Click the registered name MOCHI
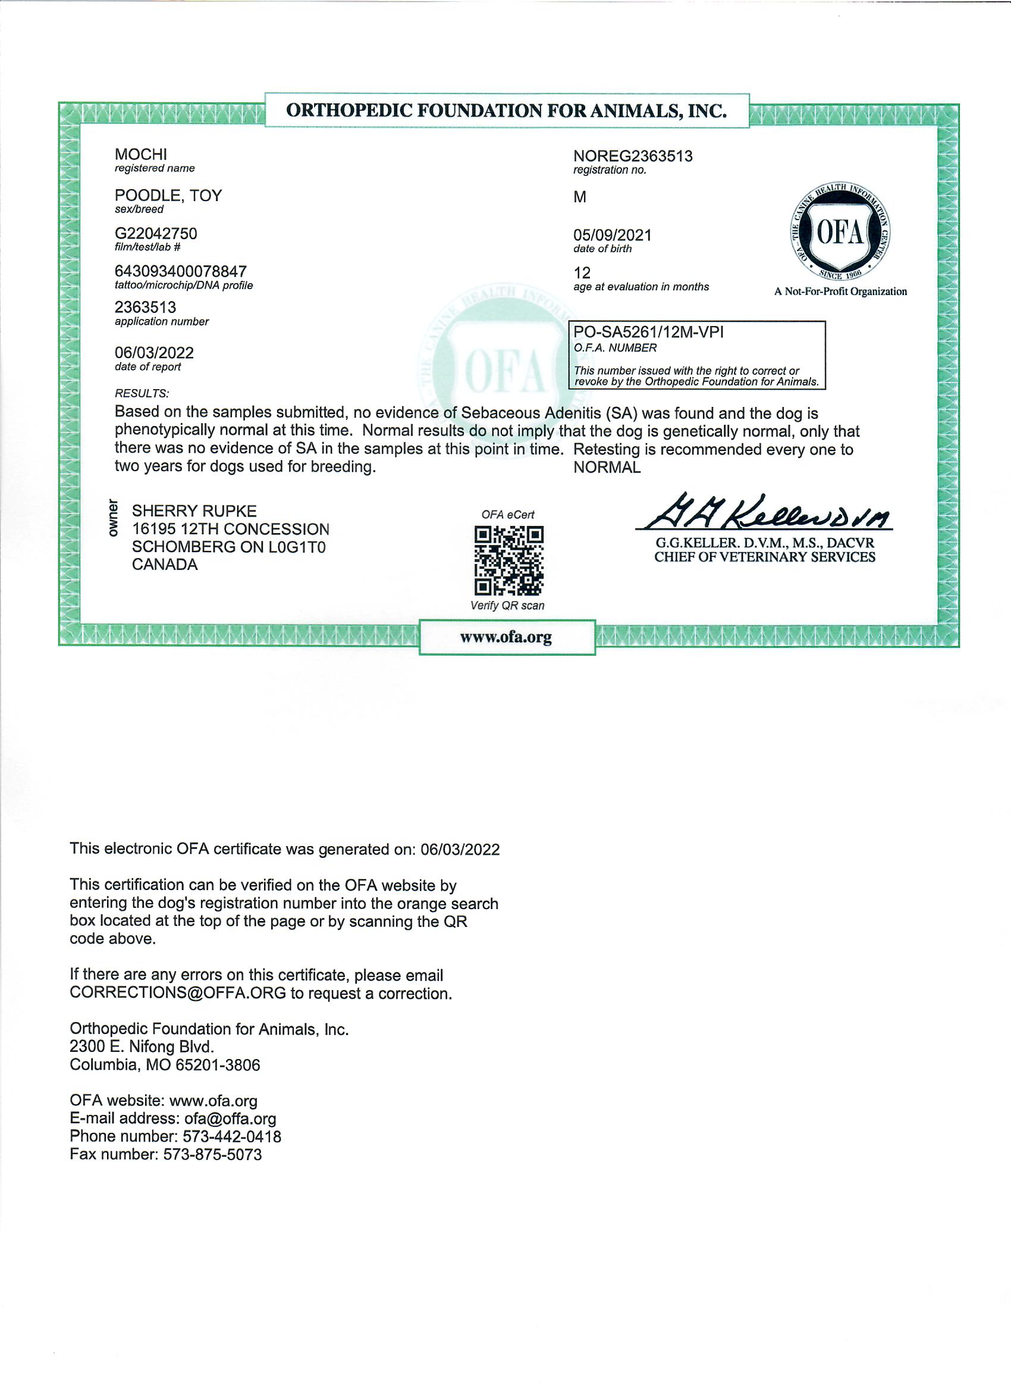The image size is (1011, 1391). point(140,155)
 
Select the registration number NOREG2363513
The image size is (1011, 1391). point(633,156)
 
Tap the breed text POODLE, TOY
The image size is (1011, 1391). point(168,196)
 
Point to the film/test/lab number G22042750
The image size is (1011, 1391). point(156,234)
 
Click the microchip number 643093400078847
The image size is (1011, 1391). point(180,271)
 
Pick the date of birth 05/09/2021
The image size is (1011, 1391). point(612,235)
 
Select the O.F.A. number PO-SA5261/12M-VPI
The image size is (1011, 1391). point(648,333)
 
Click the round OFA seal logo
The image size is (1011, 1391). point(840,232)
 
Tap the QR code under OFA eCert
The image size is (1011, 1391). point(508,560)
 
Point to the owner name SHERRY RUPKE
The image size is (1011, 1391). point(194,511)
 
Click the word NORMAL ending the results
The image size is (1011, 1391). point(607,468)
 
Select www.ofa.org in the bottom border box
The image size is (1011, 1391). point(506,637)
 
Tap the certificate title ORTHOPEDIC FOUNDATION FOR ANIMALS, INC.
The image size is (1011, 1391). point(507,111)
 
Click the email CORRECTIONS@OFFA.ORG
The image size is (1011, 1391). point(178,994)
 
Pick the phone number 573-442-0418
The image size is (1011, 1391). point(232,1136)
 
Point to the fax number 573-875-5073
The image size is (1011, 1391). point(212,1154)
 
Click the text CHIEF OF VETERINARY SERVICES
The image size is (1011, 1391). point(764,557)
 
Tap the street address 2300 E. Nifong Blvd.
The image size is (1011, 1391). point(142,1047)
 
